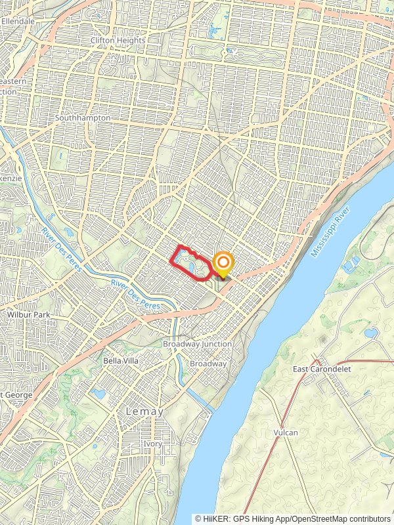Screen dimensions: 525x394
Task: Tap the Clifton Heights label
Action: pos(118,40)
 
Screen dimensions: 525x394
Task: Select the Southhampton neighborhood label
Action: pos(83,118)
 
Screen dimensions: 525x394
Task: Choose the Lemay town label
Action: pos(144,411)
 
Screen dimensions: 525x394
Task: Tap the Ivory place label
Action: pos(152,444)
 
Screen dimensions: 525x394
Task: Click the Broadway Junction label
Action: pos(198,344)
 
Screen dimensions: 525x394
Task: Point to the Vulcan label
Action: pos(286,432)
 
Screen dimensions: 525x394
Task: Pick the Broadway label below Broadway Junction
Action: pos(208,364)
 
